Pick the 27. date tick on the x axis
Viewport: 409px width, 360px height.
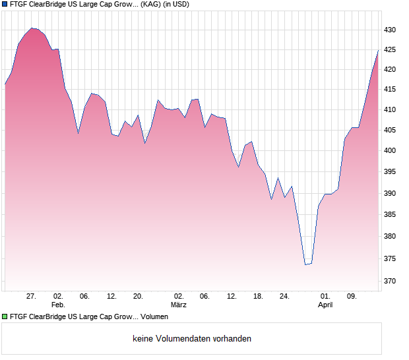pyautogui.click(x=31, y=297)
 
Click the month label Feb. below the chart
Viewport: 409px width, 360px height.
pyautogui.click(x=58, y=305)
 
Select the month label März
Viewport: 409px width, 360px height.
pyautogui.click(x=178, y=305)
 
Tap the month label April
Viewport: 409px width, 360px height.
pyautogui.click(x=325, y=305)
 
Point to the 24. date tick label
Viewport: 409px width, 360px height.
pyautogui.click(x=284, y=297)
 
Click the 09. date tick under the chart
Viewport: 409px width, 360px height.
pyautogui.click(x=352, y=297)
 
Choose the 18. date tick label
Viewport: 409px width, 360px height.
pyautogui.click(x=258, y=297)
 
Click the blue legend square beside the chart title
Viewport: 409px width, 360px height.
pyautogui.click(x=5, y=4)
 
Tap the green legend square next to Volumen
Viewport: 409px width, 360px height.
pyautogui.click(x=5, y=317)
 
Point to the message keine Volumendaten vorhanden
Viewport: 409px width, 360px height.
pyautogui.click(x=191, y=339)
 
